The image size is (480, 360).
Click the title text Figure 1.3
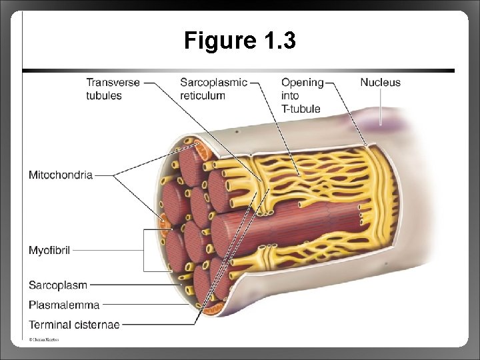[240, 41]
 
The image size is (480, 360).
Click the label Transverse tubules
[113, 89]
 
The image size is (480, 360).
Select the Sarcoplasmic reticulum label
[213, 89]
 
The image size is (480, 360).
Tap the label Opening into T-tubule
[302, 95]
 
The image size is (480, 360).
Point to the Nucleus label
[380, 83]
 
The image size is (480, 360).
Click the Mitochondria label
[60, 175]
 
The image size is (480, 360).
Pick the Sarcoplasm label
[57, 285]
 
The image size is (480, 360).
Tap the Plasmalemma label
[63, 305]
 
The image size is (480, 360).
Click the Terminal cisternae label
[74, 325]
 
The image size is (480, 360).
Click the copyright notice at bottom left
[43, 340]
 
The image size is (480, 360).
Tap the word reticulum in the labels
[203, 95]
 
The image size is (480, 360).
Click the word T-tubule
[301, 109]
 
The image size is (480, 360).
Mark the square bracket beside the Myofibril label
[145, 251]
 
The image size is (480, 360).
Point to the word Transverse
[113, 83]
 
